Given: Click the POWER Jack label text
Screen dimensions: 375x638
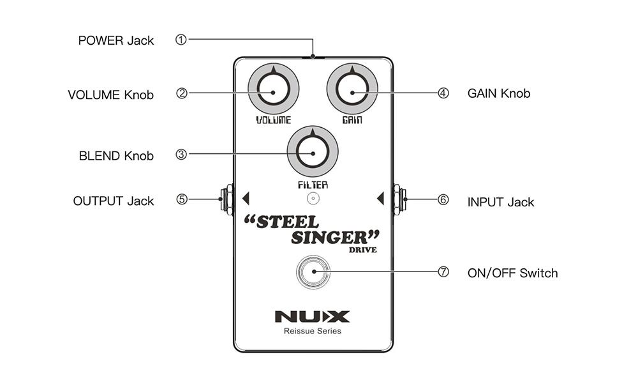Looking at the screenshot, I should click(x=115, y=41).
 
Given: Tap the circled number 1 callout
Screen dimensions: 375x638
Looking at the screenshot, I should click(x=181, y=40).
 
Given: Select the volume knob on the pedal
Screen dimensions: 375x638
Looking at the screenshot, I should click(x=274, y=92).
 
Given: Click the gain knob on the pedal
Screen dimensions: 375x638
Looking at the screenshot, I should click(x=352, y=92).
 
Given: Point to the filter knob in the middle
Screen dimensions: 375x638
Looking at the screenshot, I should click(x=313, y=153).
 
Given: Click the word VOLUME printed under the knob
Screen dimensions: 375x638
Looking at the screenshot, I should click(x=274, y=120).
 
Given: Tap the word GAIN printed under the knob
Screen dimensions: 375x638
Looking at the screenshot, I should click(x=352, y=120).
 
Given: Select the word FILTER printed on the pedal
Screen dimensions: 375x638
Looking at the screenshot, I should click(x=313, y=185).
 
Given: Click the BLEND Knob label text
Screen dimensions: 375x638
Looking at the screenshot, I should click(x=116, y=156).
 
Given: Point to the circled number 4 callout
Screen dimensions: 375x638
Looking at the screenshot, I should click(x=443, y=93).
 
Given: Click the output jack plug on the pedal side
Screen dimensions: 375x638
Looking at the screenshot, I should click(x=225, y=199).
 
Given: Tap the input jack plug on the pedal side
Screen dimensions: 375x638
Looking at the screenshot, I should click(x=399, y=199).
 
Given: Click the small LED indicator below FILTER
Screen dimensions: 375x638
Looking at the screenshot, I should click(x=313, y=199).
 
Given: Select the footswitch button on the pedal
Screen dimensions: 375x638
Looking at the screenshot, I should click(x=313, y=272).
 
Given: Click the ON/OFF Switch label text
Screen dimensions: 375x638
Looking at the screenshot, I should click(x=512, y=273).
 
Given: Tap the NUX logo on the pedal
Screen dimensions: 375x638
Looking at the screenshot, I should click(x=313, y=316).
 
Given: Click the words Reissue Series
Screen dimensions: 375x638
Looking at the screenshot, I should click(x=313, y=331).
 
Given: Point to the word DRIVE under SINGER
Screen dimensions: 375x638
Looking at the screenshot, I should click(x=362, y=250).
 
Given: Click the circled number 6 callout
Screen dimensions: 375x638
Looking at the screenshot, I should click(x=443, y=200).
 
